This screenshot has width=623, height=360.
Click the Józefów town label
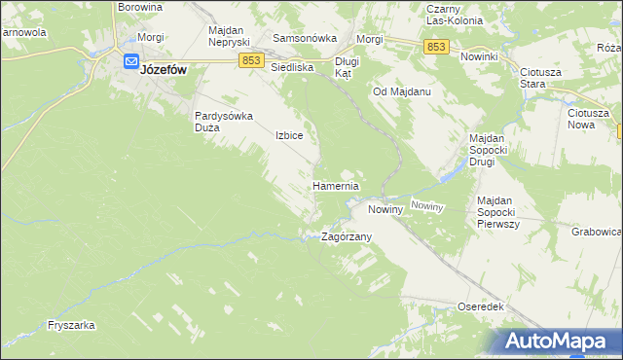coord(165,70)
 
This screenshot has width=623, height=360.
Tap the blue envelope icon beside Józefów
coord(131,60)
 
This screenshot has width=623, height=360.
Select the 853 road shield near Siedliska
coord(250,60)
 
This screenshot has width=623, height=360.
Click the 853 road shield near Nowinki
coord(436,47)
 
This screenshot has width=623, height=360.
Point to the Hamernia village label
coord(336,186)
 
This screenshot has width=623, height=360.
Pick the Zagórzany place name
coord(347,236)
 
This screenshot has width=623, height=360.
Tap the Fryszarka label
coord(70,326)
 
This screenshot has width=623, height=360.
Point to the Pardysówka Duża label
coord(224,121)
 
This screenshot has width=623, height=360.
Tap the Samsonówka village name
coord(305,38)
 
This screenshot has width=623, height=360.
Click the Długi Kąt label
coord(348,67)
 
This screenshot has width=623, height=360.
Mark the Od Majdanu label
coord(402,91)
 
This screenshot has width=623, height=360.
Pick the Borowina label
coord(139,7)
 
